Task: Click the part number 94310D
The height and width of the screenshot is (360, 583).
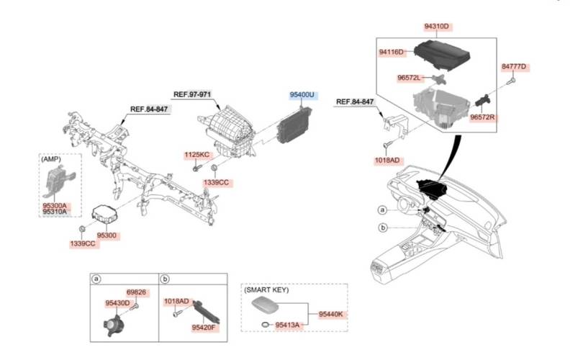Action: [x=436, y=27]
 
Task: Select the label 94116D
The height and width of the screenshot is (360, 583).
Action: [x=392, y=52]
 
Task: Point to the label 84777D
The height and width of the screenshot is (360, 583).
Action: [x=514, y=67]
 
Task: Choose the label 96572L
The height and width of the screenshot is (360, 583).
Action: [x=410, y=77]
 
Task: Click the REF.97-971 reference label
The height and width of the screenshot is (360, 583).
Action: [x=192, y=94]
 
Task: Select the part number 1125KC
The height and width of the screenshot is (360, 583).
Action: [x=196, y=155]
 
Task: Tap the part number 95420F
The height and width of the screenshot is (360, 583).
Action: [x=204, y=328]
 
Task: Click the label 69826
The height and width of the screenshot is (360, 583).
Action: [x=137, y=292]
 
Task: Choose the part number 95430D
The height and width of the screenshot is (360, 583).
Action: [x=117, y=303]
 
